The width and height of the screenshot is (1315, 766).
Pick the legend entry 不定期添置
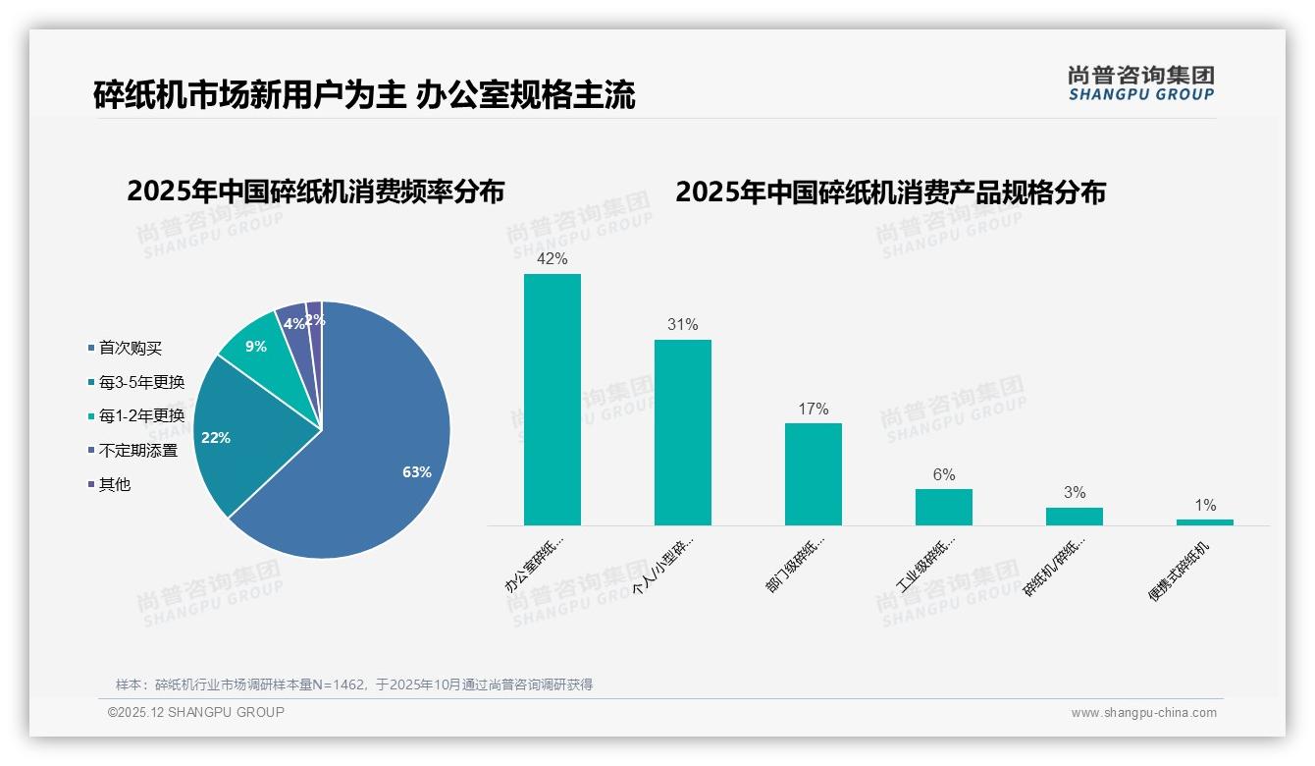[x=137, y=450]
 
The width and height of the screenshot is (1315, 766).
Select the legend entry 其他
[x=114, y=484]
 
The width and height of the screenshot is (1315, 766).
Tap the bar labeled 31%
[x=683, y=432]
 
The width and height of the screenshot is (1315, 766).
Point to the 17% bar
[x=814, y=474]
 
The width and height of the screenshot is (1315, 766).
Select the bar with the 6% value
[x=944, y=507]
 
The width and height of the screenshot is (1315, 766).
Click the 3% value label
[x=1075, y=493]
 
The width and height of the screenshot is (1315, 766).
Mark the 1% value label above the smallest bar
[x=1205, y=506]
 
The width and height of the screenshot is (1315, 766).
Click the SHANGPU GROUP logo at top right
[x=1141, y=83]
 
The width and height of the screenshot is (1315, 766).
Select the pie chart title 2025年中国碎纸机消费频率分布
[x=315, y=191]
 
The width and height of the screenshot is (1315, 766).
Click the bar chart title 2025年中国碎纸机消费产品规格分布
[x=890, y=191]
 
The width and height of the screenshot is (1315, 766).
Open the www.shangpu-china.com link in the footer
[x=1143, y=713]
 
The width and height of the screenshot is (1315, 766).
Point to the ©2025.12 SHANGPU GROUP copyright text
[x=196, y=712]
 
